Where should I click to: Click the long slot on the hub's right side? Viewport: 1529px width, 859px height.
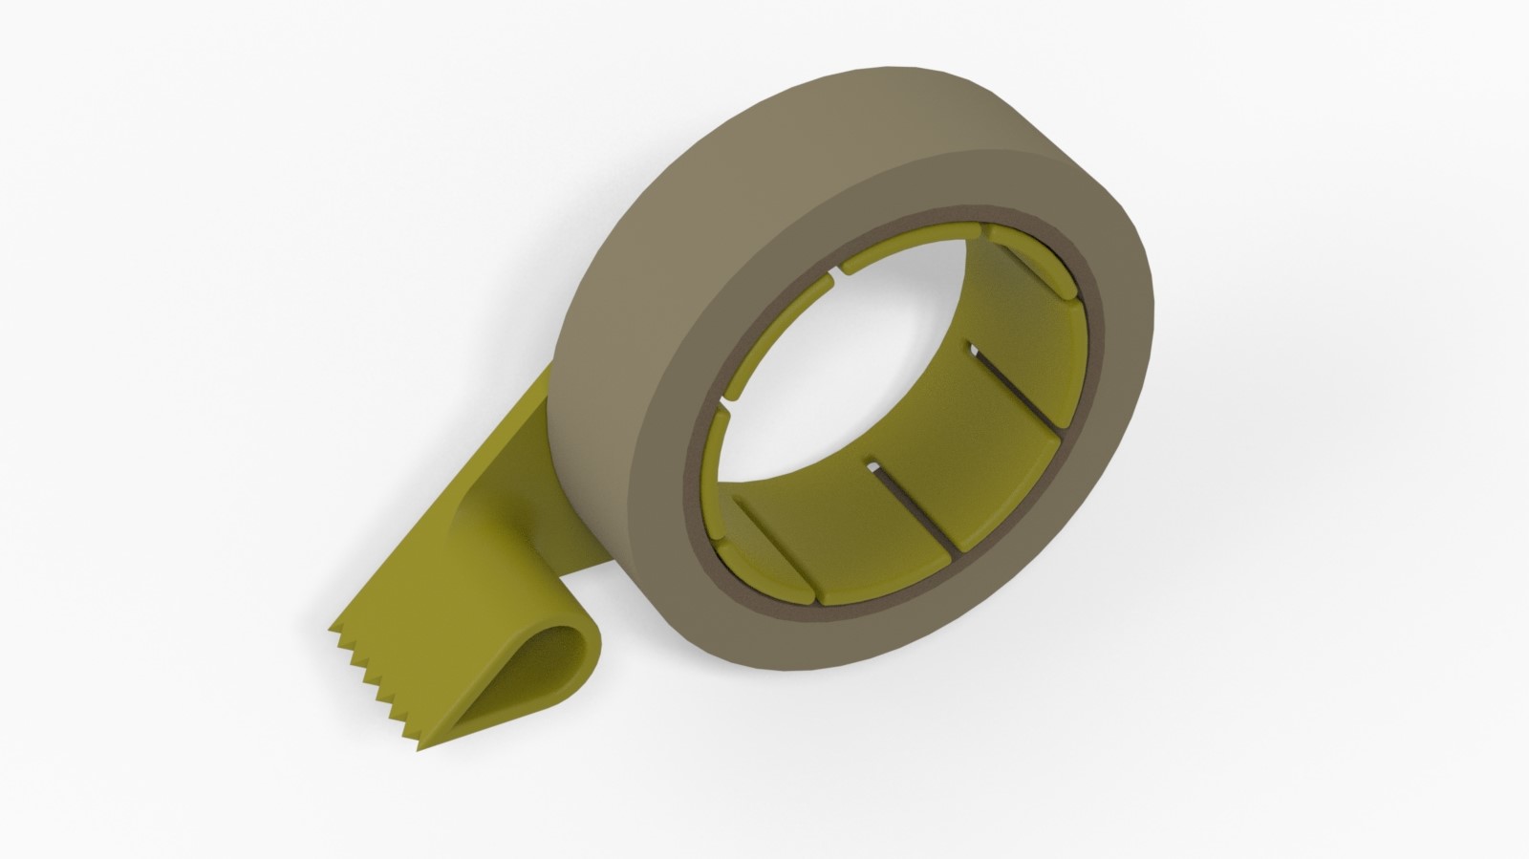coord(1013,382)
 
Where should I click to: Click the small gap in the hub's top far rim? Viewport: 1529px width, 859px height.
coord(841,270)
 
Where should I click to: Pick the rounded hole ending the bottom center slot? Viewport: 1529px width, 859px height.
coord(871,466)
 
